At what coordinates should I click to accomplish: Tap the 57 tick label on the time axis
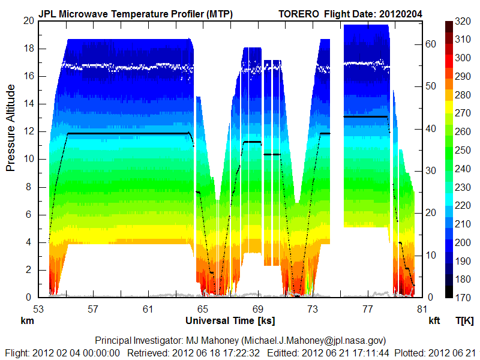[93, 310]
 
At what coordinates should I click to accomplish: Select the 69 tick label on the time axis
[257, 310]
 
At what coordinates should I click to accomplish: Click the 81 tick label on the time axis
[422, 310]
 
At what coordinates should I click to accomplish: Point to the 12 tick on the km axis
[28, 131]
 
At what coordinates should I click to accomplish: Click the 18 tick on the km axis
[28, 49]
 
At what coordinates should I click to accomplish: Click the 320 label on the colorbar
[463, 22]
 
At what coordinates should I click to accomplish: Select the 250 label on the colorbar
[463, 150]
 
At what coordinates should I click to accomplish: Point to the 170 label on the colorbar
[463, 297]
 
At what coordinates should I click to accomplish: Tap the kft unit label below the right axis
[434, 321]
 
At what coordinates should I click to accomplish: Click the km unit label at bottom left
[27, 321]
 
